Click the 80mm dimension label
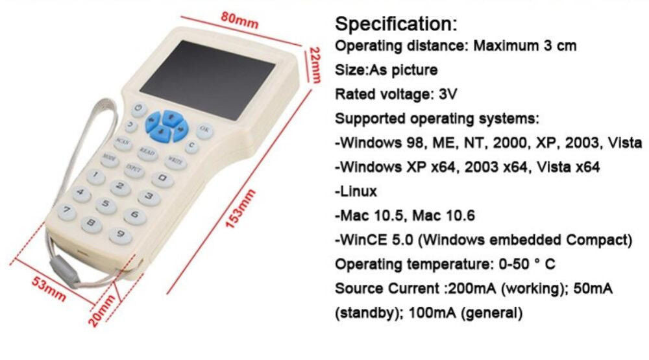tap(239, 19)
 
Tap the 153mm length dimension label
tap(240, 209)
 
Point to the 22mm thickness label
tap(315, 66)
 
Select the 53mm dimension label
tap(49, 289)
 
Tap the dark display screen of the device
tap(208, 79)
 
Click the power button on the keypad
tap(139, 109)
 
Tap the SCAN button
tap(123, 142)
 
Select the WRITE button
tap(175, 162)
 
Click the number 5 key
tap(106, 204)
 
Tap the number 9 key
tap(121, 235)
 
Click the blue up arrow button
tap(171, 117)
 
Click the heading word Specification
tap(396, 24)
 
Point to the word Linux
tap(358, 191)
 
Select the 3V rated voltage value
tap(448, 94)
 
